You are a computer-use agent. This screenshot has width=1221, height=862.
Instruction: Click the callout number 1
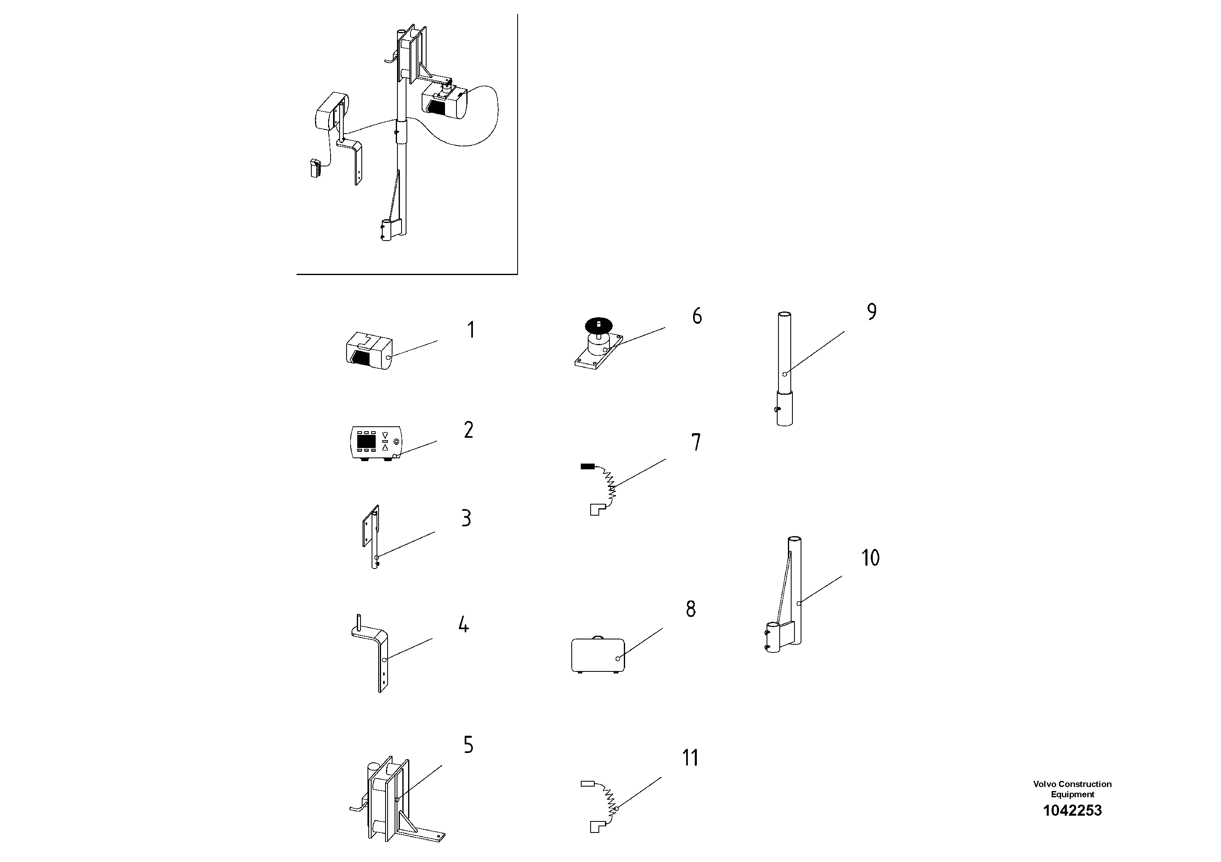pyautogui.click(x=470, y=330)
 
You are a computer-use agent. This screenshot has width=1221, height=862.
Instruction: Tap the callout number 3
pyautogui.click(x=466, y=518)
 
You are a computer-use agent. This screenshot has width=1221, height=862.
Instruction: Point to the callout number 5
pyautogui.click(x=468, y=745)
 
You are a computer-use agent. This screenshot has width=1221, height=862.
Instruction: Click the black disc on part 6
pyautogui.click(x=599, y=324)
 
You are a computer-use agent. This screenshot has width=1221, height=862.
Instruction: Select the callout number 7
pyautogui.click(x=696, y=442)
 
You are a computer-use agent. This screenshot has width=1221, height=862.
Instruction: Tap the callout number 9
pyautogui.click(x=871, y=312)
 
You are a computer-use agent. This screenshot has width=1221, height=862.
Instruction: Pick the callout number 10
pyautogui.click(x=870, y=557)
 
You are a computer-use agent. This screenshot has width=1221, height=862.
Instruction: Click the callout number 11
pyautogui.click(x=690, y=758)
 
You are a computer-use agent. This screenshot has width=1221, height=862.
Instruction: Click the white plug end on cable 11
pyautogui.click(x=588, y=783)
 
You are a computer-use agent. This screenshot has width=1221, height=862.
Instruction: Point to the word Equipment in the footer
pyautogui.click(x=1072, y=794)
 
